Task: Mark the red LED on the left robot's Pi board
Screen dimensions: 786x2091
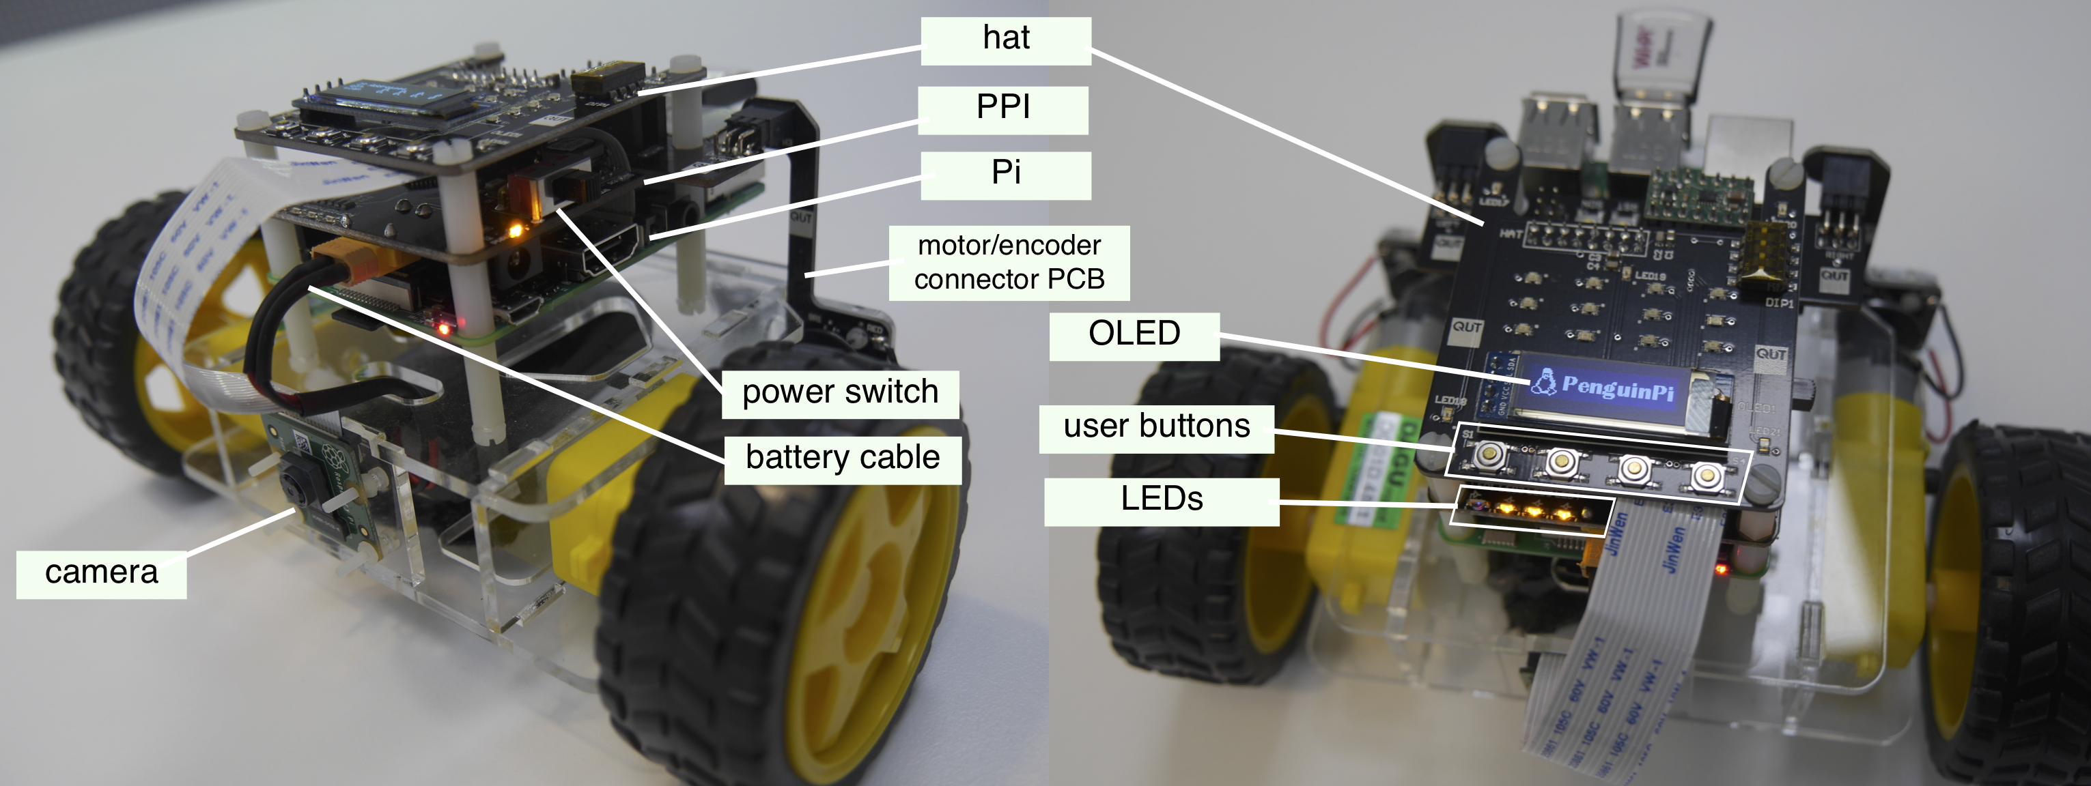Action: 443,328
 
